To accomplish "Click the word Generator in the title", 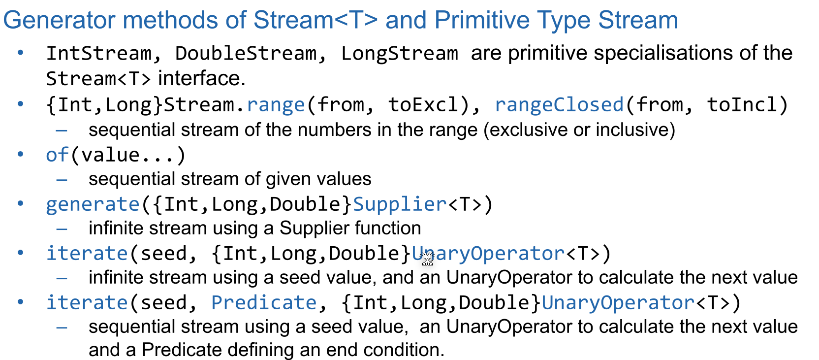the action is (x=59, y=20).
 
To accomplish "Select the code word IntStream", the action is (x=99, y=53).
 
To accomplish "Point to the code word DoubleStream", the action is (x=246, y=53).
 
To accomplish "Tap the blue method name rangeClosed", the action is (x=559, y=105).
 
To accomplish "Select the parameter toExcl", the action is (x=423, y=105).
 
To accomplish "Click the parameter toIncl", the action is (x=742, y=105).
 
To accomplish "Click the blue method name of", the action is (x=57, y=155).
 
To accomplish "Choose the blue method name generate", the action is (x=93, y=204).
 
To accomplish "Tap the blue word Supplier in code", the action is (x=400, y=204).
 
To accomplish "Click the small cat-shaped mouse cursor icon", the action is (x=427, y=259).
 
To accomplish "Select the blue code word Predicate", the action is (x=264, y=303).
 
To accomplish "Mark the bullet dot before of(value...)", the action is (x=21, y=154).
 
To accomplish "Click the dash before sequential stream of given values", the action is (x=62, y=180).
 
